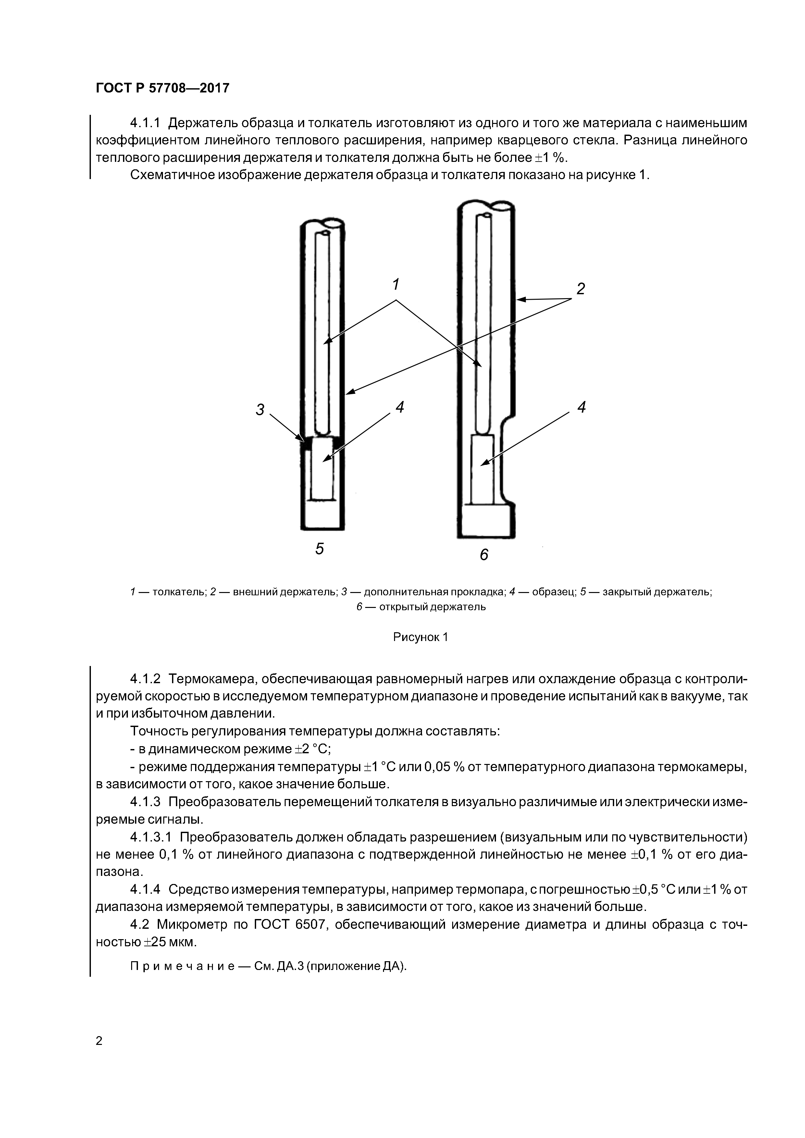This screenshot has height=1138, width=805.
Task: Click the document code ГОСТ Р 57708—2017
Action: [162, 88]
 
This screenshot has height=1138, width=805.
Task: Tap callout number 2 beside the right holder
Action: [581, 289]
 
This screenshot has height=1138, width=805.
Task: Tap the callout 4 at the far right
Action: [582, 407]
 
